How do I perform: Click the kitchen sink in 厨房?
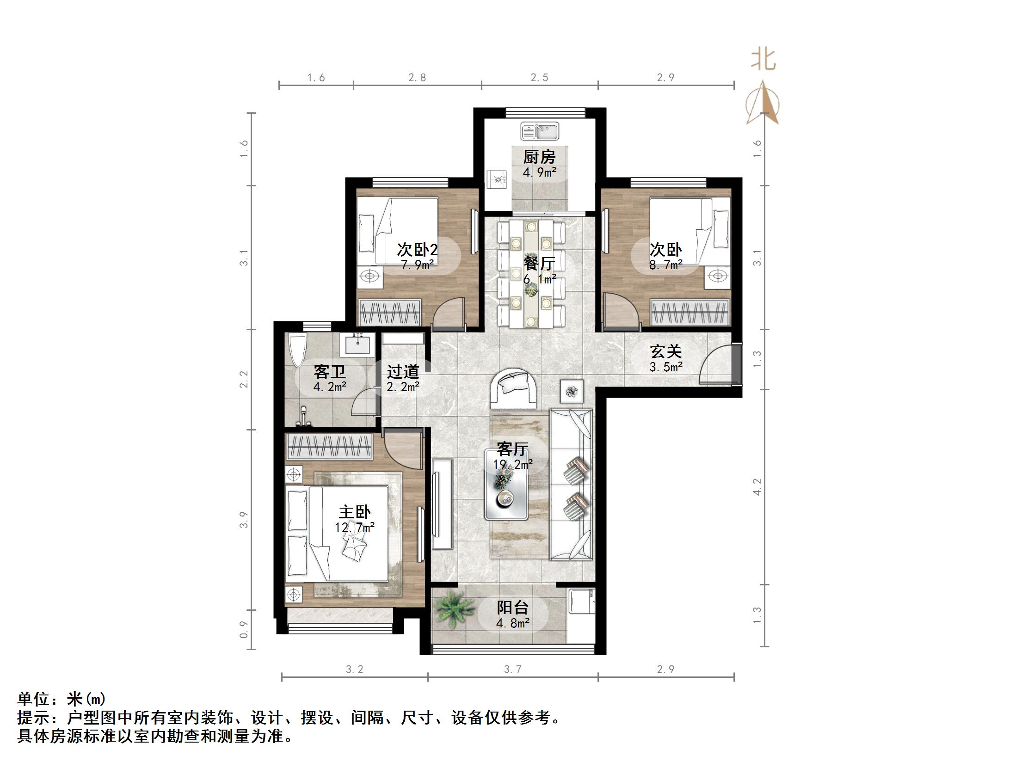coord(539,131)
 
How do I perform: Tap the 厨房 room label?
coord(539,157)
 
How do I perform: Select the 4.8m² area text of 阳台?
coord(512,623)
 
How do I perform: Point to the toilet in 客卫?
coord(297,350)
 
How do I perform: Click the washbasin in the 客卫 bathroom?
coord(357,345)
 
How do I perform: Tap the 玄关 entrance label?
coord(666,352)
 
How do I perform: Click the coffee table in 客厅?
coord(506,490)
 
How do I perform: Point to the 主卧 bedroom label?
coord(355,512)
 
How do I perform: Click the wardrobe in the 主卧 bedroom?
coord(329,447)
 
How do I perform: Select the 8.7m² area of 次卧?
coord(666,265)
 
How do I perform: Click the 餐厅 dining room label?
coord(539,264)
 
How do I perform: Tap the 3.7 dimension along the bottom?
coord(512,669)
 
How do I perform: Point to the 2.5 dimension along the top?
coord(539,78)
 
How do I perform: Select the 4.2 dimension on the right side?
coord(757,487)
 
